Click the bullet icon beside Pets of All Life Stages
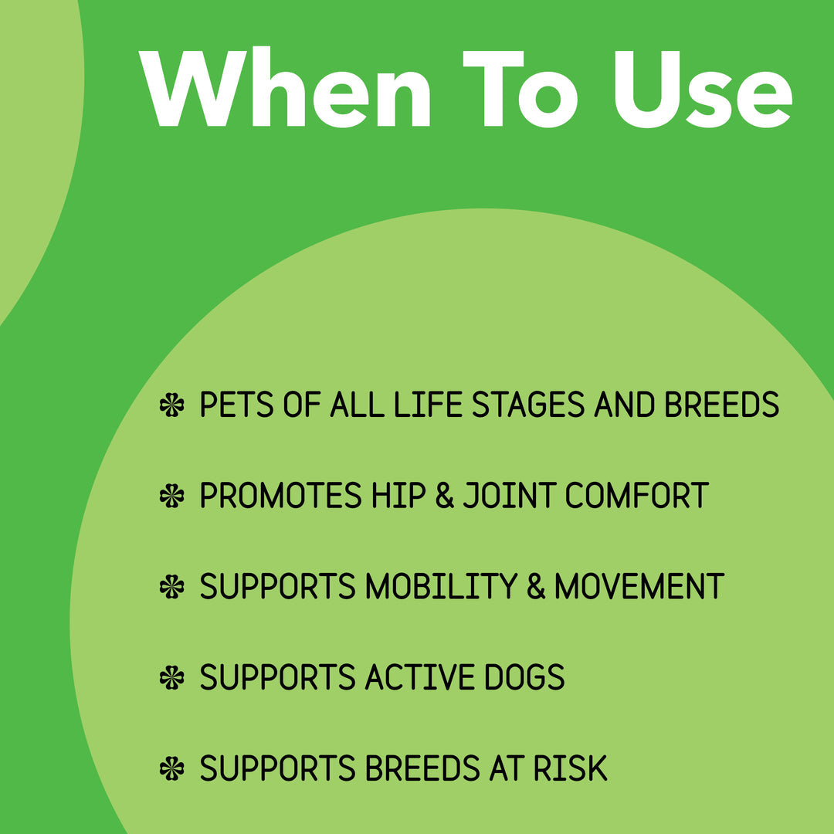171,405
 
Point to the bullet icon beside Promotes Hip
171,496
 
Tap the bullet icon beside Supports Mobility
171,587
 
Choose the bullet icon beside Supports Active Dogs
171,678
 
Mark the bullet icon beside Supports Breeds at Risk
171,769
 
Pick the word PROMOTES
280,496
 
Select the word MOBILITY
439,587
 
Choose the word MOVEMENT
639,587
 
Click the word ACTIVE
409,678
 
